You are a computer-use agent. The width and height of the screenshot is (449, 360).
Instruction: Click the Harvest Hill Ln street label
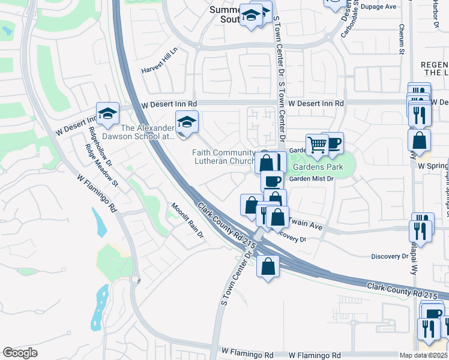tap(160, 61)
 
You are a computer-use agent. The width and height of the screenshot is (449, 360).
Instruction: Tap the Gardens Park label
tap(318, 167)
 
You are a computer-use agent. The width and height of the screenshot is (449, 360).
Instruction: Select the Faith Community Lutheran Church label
tap(224, 157)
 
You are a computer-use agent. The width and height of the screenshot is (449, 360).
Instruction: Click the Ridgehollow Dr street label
tap(100, 146)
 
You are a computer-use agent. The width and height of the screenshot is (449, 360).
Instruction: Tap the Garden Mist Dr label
tap(311, 179)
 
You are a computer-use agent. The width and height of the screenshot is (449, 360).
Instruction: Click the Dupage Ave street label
tap(379, 7)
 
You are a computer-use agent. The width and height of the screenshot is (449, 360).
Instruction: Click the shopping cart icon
tap(316, 144)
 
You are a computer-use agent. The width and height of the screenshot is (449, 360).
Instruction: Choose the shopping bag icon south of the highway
tap(268, 265)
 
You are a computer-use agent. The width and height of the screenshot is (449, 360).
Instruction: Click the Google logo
tap(20, 353)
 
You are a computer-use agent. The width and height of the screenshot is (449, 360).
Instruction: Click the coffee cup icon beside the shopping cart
tap(333, 143)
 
